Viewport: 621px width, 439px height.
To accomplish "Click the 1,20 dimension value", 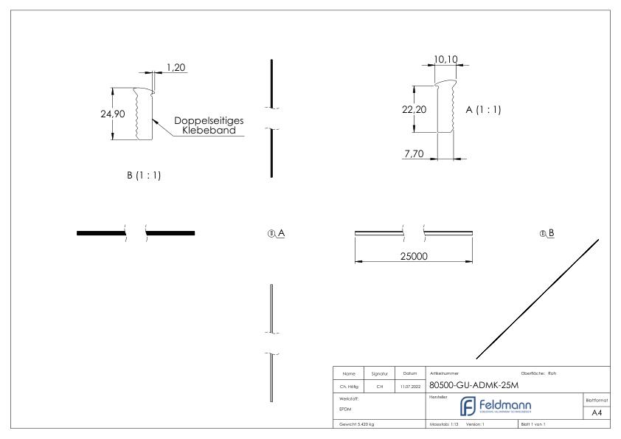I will click(x=176, y=67).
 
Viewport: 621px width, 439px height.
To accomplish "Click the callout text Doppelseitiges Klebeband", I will click(x=209, y=125).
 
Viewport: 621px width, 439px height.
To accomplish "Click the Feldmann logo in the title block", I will click(x=494, y=407).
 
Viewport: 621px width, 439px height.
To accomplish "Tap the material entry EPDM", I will click(x=346, y=407).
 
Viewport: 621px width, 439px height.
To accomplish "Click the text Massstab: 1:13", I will click(x=443, y=424).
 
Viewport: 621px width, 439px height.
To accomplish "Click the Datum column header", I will click(x=410, y=373).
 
